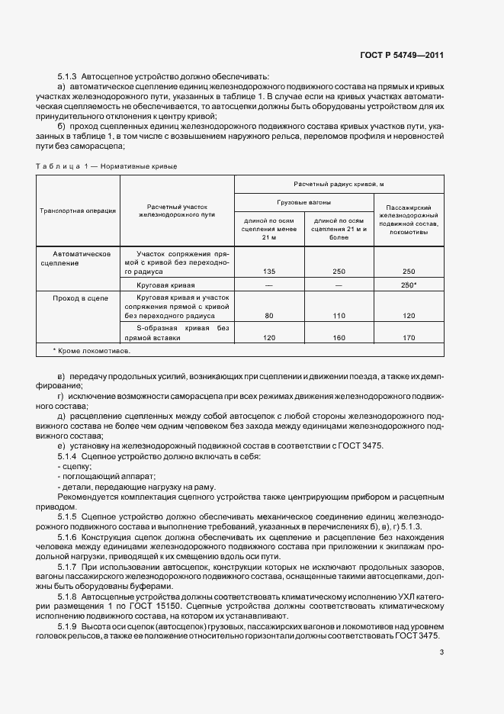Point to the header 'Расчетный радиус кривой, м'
click(x=339, y=184)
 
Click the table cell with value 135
click(x=268, y=271)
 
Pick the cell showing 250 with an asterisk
click(x=409, y=284)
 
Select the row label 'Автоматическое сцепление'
click(x=82, y=257)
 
